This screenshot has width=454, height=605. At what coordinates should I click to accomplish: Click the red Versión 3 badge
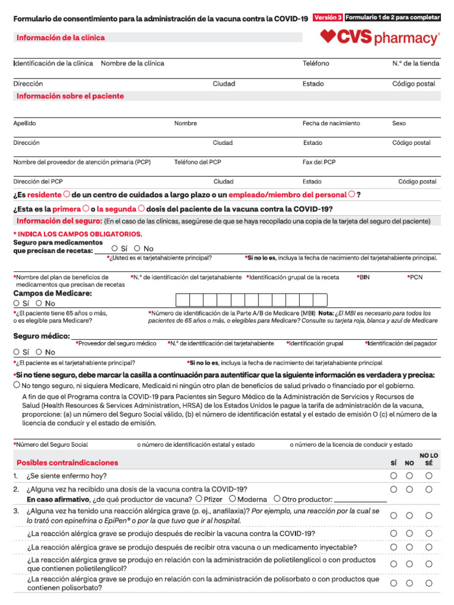tap(327, 18)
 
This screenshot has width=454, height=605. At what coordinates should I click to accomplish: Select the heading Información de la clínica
tap(60, 38)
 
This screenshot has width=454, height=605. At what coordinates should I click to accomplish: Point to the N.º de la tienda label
tap(416, 63)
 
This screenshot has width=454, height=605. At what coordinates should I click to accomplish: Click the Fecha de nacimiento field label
tap(331, 123)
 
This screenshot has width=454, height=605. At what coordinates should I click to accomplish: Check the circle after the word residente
tap(67, 194)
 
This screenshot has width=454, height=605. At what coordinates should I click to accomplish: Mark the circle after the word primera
tap(86, 209)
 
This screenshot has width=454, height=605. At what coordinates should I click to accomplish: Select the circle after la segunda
tap(141, 209)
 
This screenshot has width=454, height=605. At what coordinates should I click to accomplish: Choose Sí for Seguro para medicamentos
tap(115, 249)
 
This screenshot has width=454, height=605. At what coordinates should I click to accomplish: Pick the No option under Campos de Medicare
tap(39, 303)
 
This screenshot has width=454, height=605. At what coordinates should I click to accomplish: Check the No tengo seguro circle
tap(17, 385)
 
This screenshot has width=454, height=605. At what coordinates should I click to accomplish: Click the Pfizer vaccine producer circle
tap(199, 499)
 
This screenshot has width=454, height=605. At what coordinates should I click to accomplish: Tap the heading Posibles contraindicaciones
tap(67, 463)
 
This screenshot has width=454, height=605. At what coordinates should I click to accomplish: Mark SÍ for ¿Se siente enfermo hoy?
tap(394, 476)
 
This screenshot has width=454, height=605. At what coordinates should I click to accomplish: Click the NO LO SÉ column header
tap(429, 460)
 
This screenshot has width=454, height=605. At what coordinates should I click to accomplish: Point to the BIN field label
tap(362, 277)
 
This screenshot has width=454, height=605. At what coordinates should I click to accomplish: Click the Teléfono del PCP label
tap(197, 162)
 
